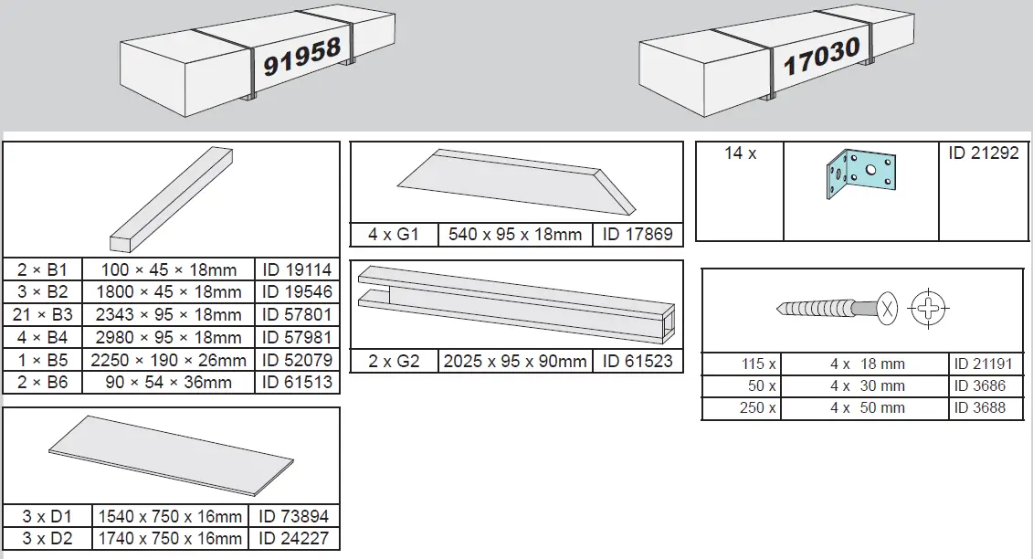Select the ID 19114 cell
pyautogui.click(x=297, y=269)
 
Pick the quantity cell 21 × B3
pyautogui.click(x=43, y=314)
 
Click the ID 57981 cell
pyautogui.click(x=297, y=337)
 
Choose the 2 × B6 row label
pyautogui.click(x=43, y=382)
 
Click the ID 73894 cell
pyautogui.click(x=294, y=516)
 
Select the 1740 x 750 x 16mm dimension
pyautogui.click(x=171, y=539)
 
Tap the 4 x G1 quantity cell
pyautogui.click(x=394, y=235)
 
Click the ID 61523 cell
pyautogui.click(x=638, y=361)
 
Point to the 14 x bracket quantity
pyautogui.click(x=741, y=153)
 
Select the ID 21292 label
pyautogui.click(x=983, y=153)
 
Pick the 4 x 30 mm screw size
pyautogui.click(x=867, y=386)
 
